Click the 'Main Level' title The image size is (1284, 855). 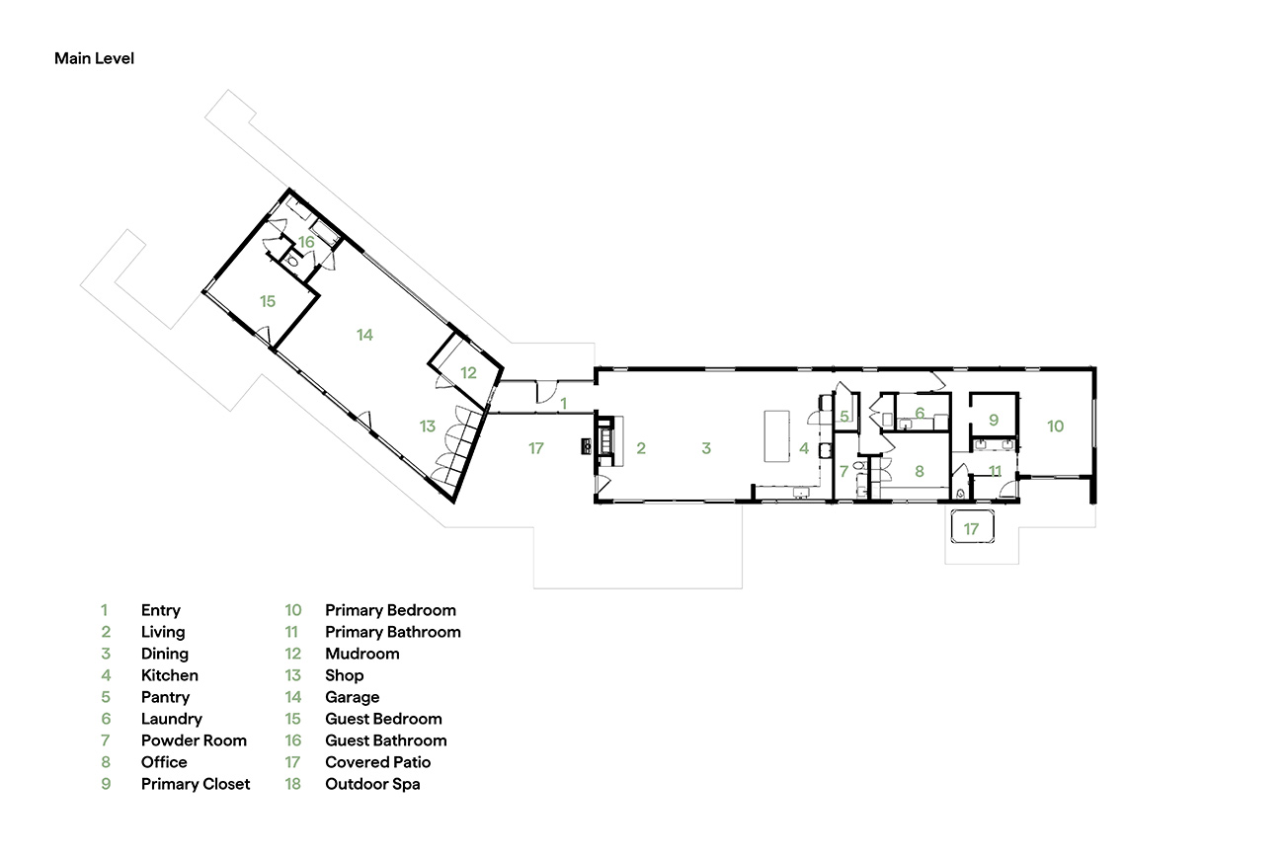click(94, 58)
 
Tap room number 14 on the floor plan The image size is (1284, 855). click(364, 335)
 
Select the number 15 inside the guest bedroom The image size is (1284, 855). click(268, 301)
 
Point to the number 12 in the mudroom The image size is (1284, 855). click(468, 373)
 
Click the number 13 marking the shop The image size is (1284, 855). click(427, 427)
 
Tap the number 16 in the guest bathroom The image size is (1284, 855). click(306, 243)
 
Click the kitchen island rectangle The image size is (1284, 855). click(776, 436)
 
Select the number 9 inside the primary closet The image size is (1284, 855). click(994, 420)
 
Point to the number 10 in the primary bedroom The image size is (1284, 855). click(1055, 427)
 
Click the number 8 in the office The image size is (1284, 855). click(920, 471)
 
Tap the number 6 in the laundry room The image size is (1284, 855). click(920, 413)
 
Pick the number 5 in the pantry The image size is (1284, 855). click(844, 416)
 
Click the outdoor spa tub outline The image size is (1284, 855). click(972, 526)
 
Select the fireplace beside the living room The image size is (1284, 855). click(605, 441)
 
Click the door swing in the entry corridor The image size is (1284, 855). click(546, 393)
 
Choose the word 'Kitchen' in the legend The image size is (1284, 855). click(170, 675)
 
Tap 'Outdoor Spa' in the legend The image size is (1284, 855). click(372, 785)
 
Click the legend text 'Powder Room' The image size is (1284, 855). click(194, 740)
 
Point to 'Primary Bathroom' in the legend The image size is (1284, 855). click(393, 632)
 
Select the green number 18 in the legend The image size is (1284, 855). click(293, 784)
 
